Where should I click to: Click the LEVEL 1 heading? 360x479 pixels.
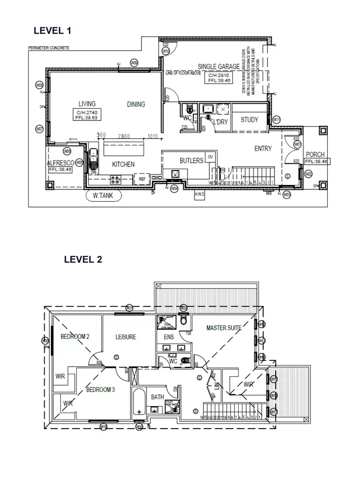(x=52, y=31)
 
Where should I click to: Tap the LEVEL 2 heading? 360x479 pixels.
(x=83, y=259)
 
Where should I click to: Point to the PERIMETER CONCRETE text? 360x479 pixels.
(x=48, y=48)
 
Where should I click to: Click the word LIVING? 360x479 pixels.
(x=87, y=104)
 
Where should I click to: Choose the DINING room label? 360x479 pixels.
(x=136, y=104)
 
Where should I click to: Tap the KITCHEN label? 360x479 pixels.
(x=123, y=164)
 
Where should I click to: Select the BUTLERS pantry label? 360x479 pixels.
(x=192, y=160)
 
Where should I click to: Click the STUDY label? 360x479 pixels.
(x=249, y=120)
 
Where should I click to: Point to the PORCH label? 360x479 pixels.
(x=315, y=155)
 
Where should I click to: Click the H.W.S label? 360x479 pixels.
(x=199, y=194)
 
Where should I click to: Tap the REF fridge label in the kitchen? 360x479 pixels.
(x=142, y=179)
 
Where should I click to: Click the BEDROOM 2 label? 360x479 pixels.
(x=75, y=337)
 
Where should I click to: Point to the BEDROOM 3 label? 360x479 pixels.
(x=100, y=390)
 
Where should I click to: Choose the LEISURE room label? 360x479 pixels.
(x=126, y=337)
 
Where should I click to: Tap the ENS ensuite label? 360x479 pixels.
(x=169, y=337)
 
